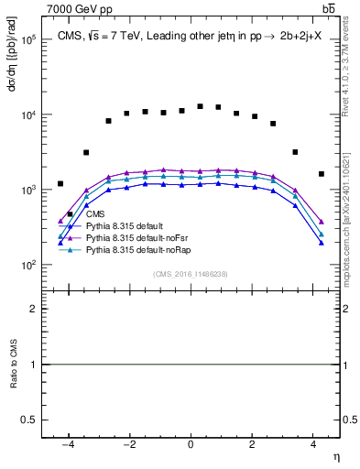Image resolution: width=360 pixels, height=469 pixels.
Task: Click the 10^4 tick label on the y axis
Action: point(29,115)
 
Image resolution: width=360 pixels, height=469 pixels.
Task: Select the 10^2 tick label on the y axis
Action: point(29,265)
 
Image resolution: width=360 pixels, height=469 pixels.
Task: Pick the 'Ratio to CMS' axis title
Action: point(12,365)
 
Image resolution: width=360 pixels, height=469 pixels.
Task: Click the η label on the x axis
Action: point(335,456)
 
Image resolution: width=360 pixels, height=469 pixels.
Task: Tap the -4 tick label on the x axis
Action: point(69,444)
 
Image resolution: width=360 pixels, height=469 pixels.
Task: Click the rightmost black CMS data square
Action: point(321,174)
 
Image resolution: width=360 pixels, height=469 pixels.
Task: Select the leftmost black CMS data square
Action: point(60,184)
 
